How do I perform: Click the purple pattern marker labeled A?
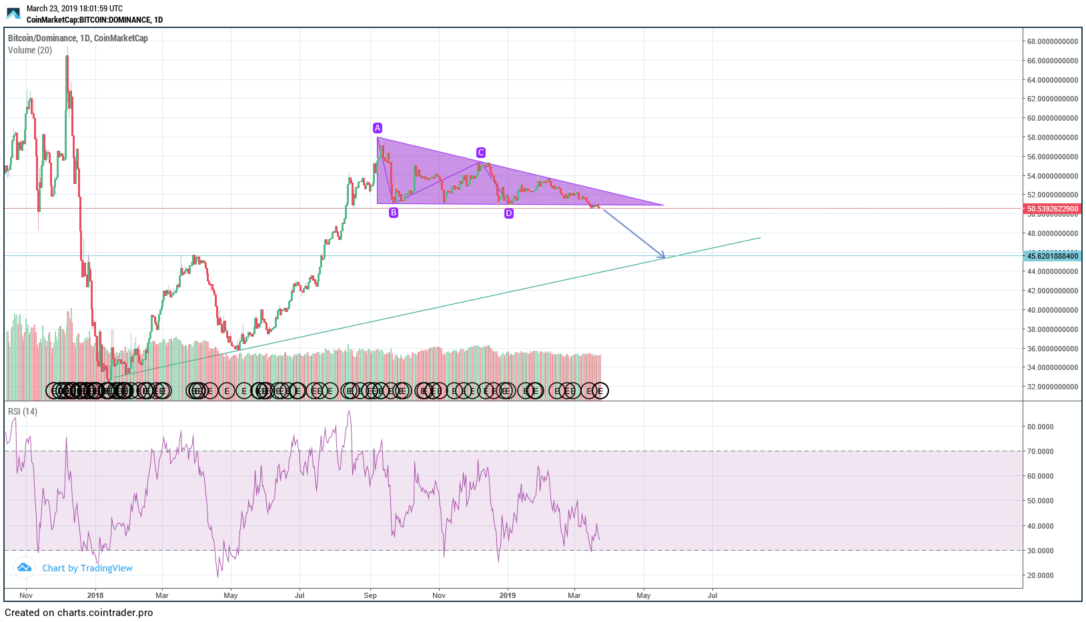[378, 128]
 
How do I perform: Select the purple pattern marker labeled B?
[394, 213]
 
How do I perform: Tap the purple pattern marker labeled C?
[480, 153]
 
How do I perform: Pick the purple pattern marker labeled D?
[509, 213]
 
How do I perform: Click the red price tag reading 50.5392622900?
[1052, 209]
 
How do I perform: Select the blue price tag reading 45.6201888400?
[1052, 256]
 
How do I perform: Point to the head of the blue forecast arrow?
[664, 257]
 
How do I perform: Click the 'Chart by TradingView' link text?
[87, 568]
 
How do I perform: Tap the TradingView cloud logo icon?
[25, 567]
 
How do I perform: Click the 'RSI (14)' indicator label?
[23, 412]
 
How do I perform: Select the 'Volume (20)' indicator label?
[30, 51]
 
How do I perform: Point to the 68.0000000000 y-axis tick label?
[1052, 41]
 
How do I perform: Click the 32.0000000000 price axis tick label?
[1052, 387]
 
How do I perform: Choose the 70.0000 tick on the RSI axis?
[1040, 451]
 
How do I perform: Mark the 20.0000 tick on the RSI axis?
[1040, 575]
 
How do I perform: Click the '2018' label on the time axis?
[95, 595]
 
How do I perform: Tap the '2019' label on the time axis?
[508, 595]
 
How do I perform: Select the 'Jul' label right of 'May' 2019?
[712, 595]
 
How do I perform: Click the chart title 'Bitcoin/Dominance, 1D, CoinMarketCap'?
[78, 39]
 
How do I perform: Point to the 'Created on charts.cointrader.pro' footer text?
[79, 613]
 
